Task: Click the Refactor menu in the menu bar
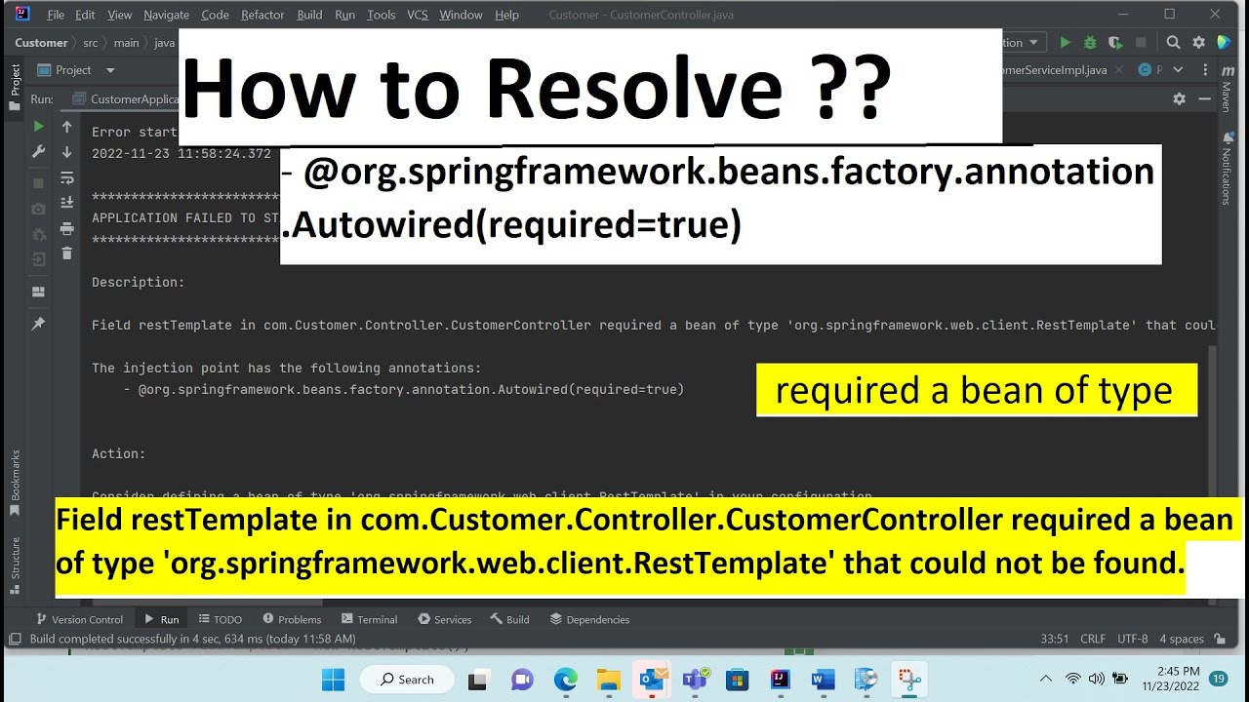coord(262,15)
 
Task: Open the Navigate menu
coord(166,15)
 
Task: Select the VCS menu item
coord(417,15)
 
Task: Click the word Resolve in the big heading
coord(634,88)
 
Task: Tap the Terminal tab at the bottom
coord(370,619)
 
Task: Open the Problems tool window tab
coord(292,619)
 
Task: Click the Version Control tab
coord(79,619)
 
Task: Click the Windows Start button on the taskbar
coord(333,680)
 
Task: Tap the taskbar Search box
coord(407,680)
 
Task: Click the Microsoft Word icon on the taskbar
coord(823,680)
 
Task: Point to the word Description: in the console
coord(138,283)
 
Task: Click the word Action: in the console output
coord(118,454)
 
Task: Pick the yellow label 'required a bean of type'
coord(976,390)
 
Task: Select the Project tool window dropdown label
coord(74,70)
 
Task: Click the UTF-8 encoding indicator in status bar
coord(1132,639)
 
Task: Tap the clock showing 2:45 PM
coord(1178,672)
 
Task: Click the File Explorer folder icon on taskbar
coord(609,680)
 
